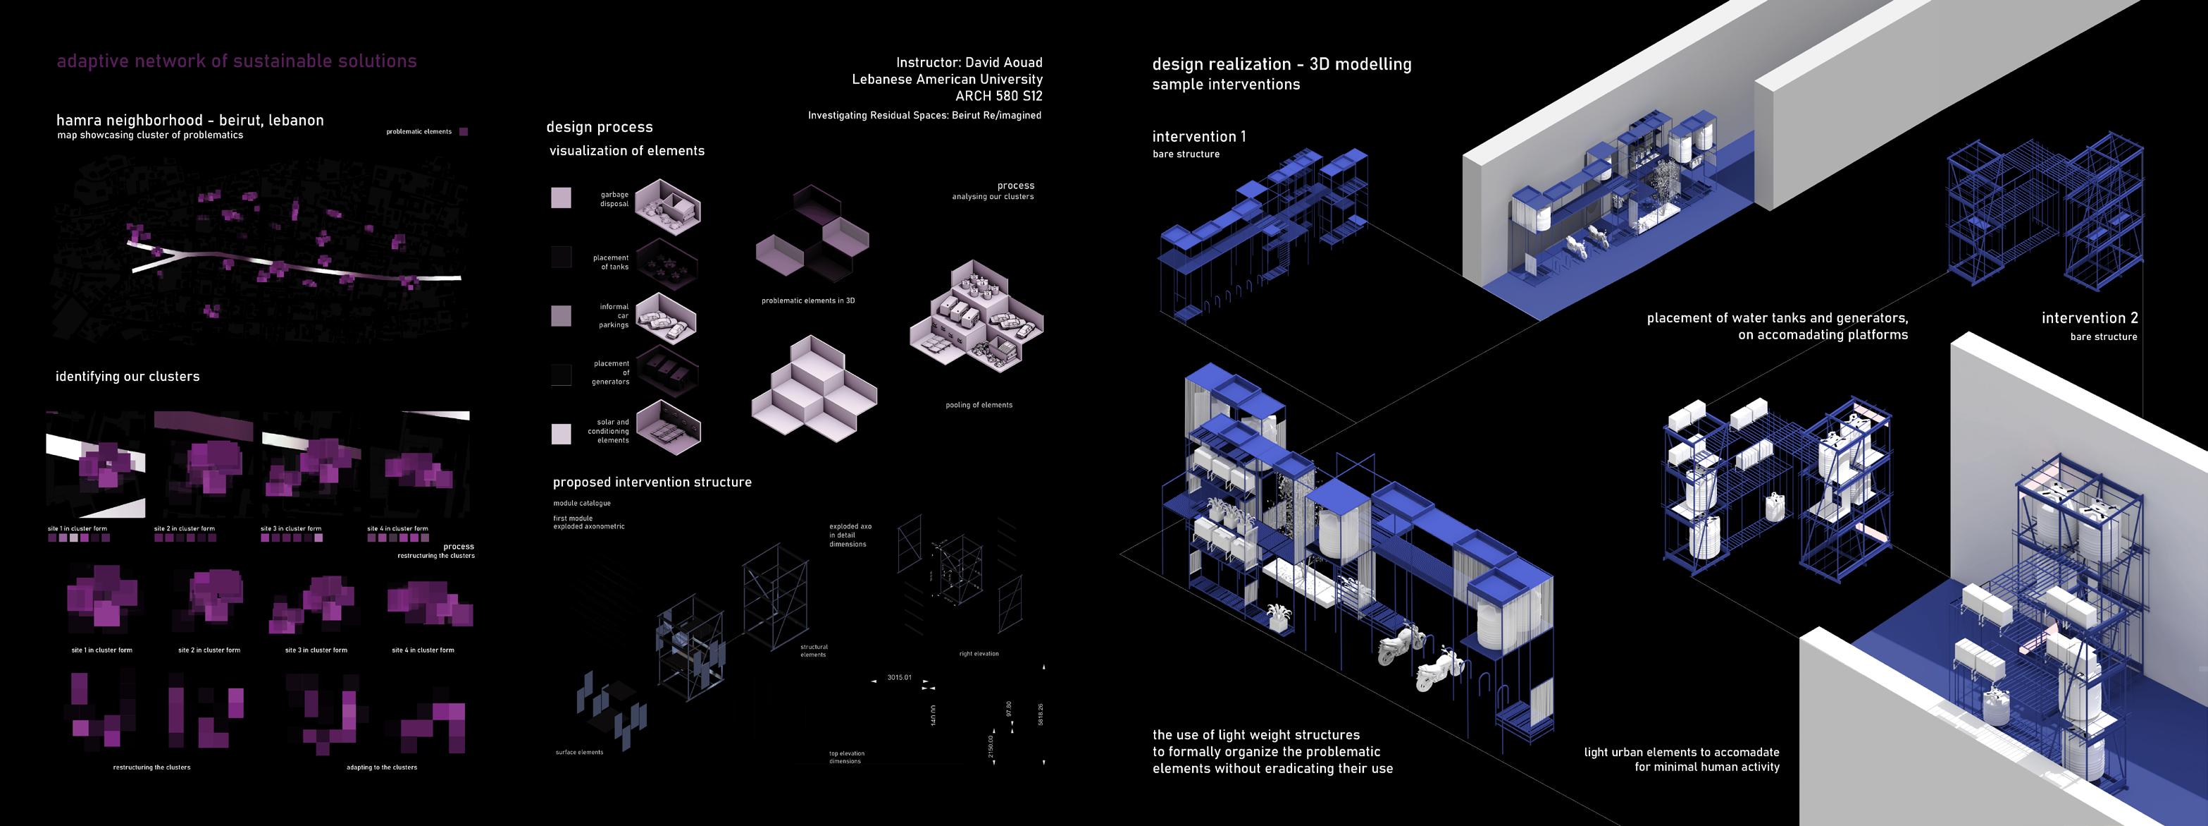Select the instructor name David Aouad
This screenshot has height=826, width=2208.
(x=1004, y=63)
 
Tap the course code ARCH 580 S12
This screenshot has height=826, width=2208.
(x=998, y=96)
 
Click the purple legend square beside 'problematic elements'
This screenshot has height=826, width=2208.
(x=464, y=132)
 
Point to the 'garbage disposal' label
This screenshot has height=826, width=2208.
(x=614, y=199)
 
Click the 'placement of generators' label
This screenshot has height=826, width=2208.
(x=611, y=372)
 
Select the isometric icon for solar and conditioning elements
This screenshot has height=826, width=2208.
(x=668, y=426)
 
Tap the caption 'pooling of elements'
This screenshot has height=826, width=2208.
(x=979, y=405)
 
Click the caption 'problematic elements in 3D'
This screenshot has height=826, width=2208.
(x=807, y=301)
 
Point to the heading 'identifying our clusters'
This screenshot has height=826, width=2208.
(x=128, y=377)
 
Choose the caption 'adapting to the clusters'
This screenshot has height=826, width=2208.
(x=381, y=767)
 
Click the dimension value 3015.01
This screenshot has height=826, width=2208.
(x=899, y=678)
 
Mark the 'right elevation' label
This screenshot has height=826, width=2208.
(x=979, y=654)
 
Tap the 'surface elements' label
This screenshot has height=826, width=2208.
(x=579, y=752)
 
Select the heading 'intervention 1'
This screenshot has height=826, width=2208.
(x=1199, y=136)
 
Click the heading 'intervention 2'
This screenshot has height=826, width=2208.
(x=2089, y=318)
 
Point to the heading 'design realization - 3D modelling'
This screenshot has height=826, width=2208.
(x=1282, y=64)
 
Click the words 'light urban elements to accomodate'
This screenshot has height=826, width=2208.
(x=1681, y=752)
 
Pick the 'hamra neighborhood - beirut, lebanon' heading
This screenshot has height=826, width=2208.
(x=190, y=120)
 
